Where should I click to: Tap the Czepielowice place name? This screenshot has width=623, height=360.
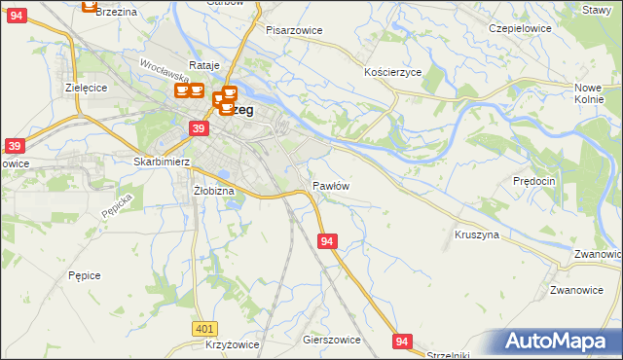tap(520, 28)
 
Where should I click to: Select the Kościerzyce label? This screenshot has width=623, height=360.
tap(392, 73)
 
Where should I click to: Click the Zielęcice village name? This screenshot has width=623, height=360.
tap(85, 87)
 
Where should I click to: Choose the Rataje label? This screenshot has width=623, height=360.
tap(205, 65)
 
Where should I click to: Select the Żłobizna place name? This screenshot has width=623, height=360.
tap(214, 191)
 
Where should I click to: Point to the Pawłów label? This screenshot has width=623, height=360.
tap(331, 185)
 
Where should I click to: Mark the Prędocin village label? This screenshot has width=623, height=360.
tap(533, 181)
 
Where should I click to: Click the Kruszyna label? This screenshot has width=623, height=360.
tap(476, 234)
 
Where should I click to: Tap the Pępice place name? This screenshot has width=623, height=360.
tap(85, 275)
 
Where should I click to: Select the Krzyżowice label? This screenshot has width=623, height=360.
tap(233, 345)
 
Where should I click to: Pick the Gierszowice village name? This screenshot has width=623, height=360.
tap(332, 340)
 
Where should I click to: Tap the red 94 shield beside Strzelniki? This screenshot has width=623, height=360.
tap(403, 341)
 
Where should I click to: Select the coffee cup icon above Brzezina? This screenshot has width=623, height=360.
tap(90, 5)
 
